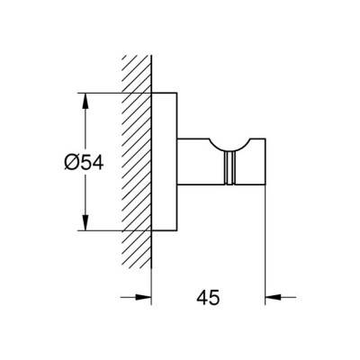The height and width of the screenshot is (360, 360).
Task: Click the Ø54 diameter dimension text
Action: tap(84, 163)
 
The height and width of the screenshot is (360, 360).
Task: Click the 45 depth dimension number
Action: tap(208, 298)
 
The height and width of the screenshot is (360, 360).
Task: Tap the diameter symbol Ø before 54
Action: tap(71, 163)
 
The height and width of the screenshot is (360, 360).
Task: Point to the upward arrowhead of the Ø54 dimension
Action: tap(85, 101)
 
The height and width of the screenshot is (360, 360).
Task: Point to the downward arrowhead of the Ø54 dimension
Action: tap(85, 222)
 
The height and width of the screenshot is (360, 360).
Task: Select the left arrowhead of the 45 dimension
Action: tap(143, 297)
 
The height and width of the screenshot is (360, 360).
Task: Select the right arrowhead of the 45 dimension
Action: tap(274, 297)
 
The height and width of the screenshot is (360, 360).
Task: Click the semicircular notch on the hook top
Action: tap(230, 146)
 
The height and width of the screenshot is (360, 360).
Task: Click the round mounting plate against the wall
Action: tap(165, 162)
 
